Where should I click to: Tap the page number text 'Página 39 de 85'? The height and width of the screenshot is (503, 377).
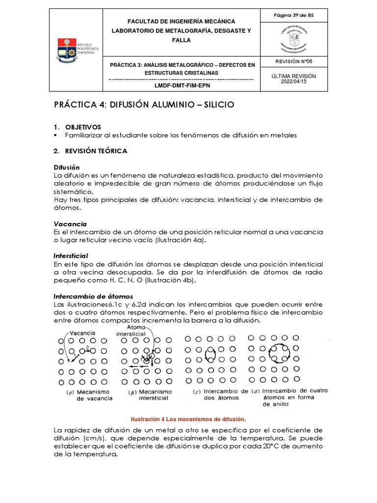coord(294,16)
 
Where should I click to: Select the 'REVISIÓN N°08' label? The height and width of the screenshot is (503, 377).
coord(294,61)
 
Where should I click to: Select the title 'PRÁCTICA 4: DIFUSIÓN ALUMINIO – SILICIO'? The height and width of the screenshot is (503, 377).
coord(144,105)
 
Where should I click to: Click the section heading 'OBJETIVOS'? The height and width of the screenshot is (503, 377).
coord(83,127)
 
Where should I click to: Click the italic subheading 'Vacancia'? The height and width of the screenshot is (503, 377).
coord(70,224)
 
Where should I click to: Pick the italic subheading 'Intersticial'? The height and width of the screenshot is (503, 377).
coord(70,256)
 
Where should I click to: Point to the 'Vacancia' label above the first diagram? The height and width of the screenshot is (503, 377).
coord(82,333)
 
